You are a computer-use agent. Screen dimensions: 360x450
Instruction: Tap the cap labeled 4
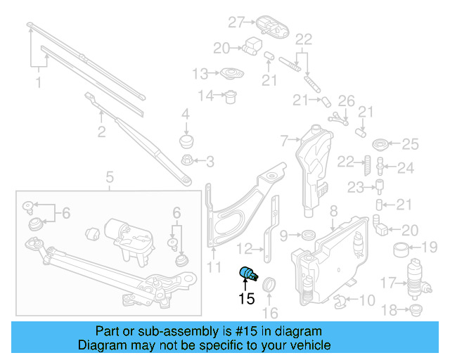(186, 140)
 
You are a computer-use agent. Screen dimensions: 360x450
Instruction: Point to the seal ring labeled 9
(307, 234)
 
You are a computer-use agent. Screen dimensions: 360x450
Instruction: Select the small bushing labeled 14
(229, 96)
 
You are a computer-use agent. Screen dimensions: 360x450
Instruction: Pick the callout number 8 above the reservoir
(333, 210)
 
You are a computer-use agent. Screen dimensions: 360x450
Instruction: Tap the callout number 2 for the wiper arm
(101, 131)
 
